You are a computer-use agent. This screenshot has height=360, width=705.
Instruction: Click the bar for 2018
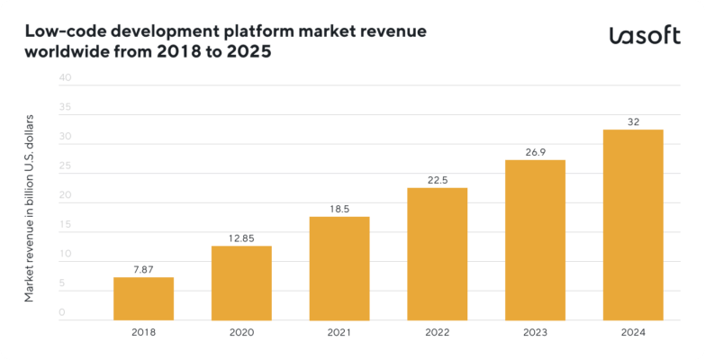(x=143, y=298)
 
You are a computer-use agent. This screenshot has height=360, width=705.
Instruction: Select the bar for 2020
(x=241, y=283)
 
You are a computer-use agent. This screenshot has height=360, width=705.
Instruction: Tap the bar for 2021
(x=339, y=268)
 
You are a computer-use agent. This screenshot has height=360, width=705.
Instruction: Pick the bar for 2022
(x=437, y=254)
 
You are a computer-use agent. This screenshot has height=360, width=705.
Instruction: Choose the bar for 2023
(x=535, y=239)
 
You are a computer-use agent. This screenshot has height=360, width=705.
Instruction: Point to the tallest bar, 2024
(x=633, y=225)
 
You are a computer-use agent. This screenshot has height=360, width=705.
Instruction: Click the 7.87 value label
(x=143, y=268)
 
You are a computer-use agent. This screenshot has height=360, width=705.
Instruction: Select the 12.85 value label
(x=241, y=238)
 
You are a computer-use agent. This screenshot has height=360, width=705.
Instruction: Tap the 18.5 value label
(x=339, y=208)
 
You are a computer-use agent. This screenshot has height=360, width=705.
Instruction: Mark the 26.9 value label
(x=535, y=151)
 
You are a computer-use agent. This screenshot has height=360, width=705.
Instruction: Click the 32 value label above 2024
(x=633, y=121)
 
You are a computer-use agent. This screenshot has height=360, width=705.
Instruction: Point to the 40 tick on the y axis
(x=64, y=78)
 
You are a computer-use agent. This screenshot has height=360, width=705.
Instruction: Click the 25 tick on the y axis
(x=64, y=166)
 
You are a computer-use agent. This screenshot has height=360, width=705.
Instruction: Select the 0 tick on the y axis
(x=62, y=312)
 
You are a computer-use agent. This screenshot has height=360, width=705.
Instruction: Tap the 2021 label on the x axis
(x=339, y=332)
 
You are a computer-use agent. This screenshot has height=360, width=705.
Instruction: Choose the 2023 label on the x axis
(x=535, y=332)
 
